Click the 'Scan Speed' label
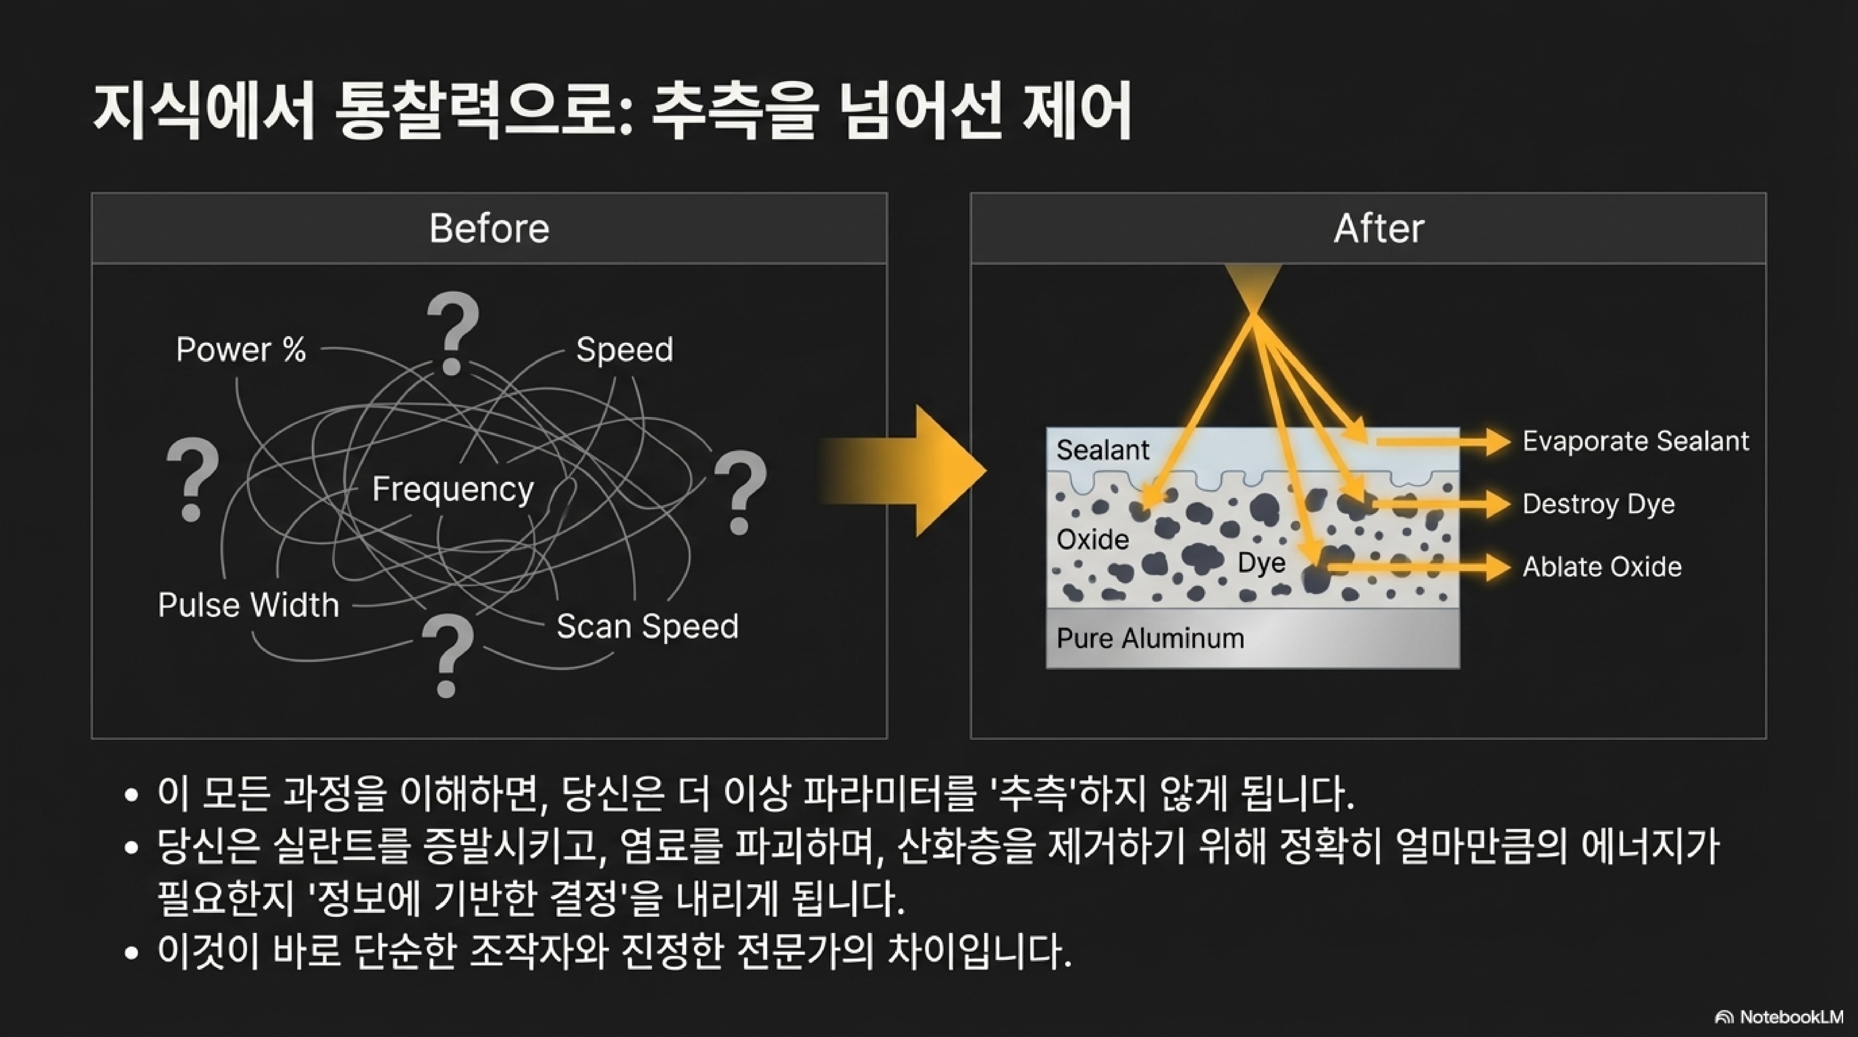[647, 626]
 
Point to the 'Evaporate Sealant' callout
[1635, 441]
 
